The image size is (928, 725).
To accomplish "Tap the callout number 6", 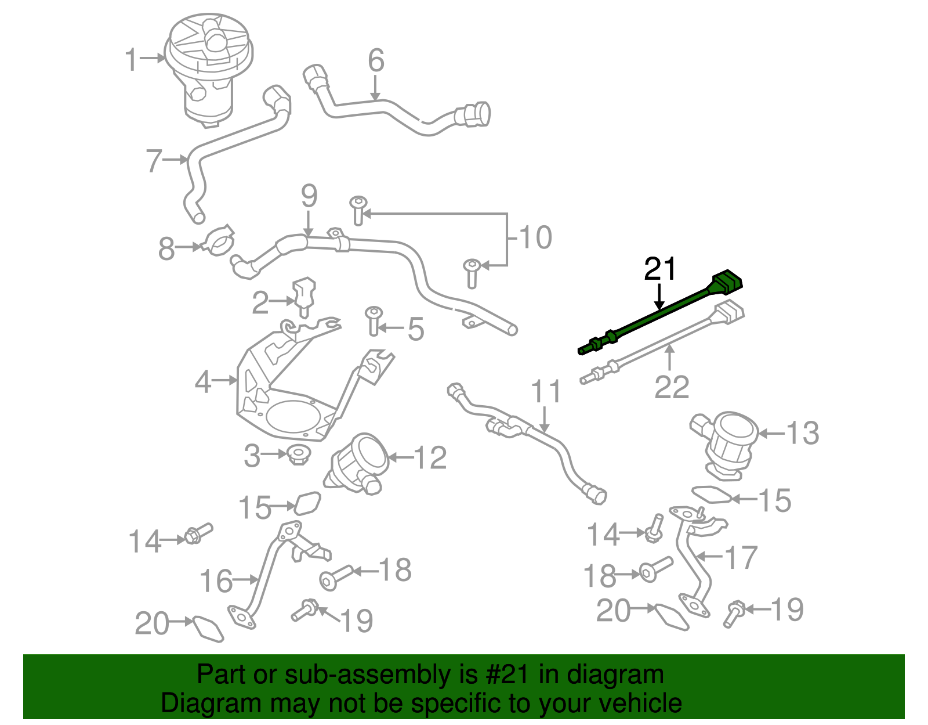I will (376, 60).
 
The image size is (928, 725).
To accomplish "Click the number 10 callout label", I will (535, 237).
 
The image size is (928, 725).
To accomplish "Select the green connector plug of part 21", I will (728, 281).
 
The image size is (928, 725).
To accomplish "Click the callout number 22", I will (672, 387).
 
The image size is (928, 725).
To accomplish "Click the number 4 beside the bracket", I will (203, 382).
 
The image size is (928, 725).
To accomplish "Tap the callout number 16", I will (216, 581).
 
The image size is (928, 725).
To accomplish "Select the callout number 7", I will (154, 161).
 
